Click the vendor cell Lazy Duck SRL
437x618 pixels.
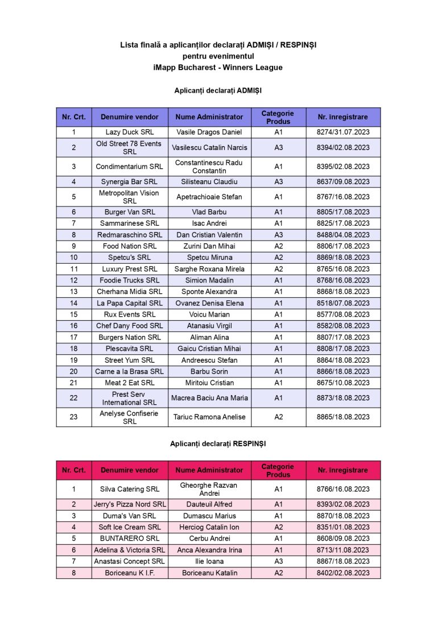tap(130, 132)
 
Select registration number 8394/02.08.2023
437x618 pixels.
tap(343, 148)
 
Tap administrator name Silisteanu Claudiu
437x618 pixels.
tap(209, 182)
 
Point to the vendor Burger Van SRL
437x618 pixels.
tap(130, 212)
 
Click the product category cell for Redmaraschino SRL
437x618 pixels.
tap(278, 235)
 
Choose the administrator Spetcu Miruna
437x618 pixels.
tap(209, 258)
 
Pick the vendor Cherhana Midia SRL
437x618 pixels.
tap(130, 292)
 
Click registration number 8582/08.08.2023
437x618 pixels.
tap(343, 326)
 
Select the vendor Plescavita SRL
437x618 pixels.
tap(130, 349)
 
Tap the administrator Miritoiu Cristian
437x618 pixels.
tap(209, 383)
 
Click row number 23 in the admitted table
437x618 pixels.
tap(73, 417)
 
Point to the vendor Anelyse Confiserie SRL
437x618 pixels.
tap(130, 417)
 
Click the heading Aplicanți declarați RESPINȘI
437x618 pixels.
tap(218, 443)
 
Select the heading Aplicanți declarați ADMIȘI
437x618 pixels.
tap(218, 90)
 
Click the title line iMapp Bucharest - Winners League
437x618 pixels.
tap(218, 68)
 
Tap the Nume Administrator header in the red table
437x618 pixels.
tap(209, 470)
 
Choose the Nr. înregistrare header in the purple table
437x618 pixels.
tap(343, 117)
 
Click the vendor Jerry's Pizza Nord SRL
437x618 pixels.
tap(130, 504)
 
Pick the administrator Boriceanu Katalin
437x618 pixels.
tap(209, 573)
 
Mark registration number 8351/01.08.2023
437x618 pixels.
tap(343, 527)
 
